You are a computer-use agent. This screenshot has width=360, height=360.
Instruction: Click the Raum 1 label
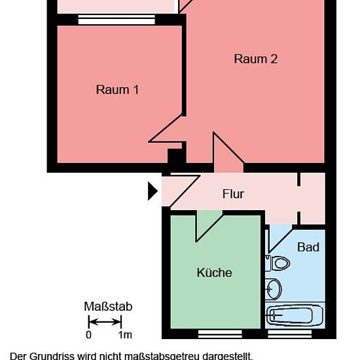tap(117, 90)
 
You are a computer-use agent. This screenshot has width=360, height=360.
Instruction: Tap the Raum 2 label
tap(256, 59)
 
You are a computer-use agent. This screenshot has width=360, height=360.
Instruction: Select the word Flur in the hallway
tap(233, 194)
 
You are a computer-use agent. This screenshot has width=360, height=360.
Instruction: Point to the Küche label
tap(215, 272)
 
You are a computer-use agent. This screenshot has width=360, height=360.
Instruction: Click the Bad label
tap(308, 247)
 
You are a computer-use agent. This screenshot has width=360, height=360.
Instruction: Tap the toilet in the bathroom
tap(278, 263)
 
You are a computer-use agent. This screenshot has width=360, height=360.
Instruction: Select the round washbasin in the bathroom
tap(273, 289)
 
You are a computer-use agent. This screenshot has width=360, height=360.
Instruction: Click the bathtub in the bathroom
tap(295, 315)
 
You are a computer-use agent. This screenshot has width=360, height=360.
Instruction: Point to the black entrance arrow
tap(153, 191)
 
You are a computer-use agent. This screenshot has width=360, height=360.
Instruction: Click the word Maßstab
tap(108, 306)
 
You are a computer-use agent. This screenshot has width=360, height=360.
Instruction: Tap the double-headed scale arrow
tap(105, 322)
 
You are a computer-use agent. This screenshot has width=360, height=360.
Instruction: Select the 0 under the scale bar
tap(88, 335)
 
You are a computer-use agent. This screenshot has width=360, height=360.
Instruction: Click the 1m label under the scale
tap(125, 335)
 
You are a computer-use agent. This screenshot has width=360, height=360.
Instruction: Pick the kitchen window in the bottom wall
tap(220, 334)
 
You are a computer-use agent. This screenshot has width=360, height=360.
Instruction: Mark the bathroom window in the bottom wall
tap(290, 334)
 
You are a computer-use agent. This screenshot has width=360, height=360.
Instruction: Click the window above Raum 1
tap(117, 20)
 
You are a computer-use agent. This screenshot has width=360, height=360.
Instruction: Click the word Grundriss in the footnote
tap(52, 356)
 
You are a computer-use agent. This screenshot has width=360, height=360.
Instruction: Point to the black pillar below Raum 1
tap(176, 157)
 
